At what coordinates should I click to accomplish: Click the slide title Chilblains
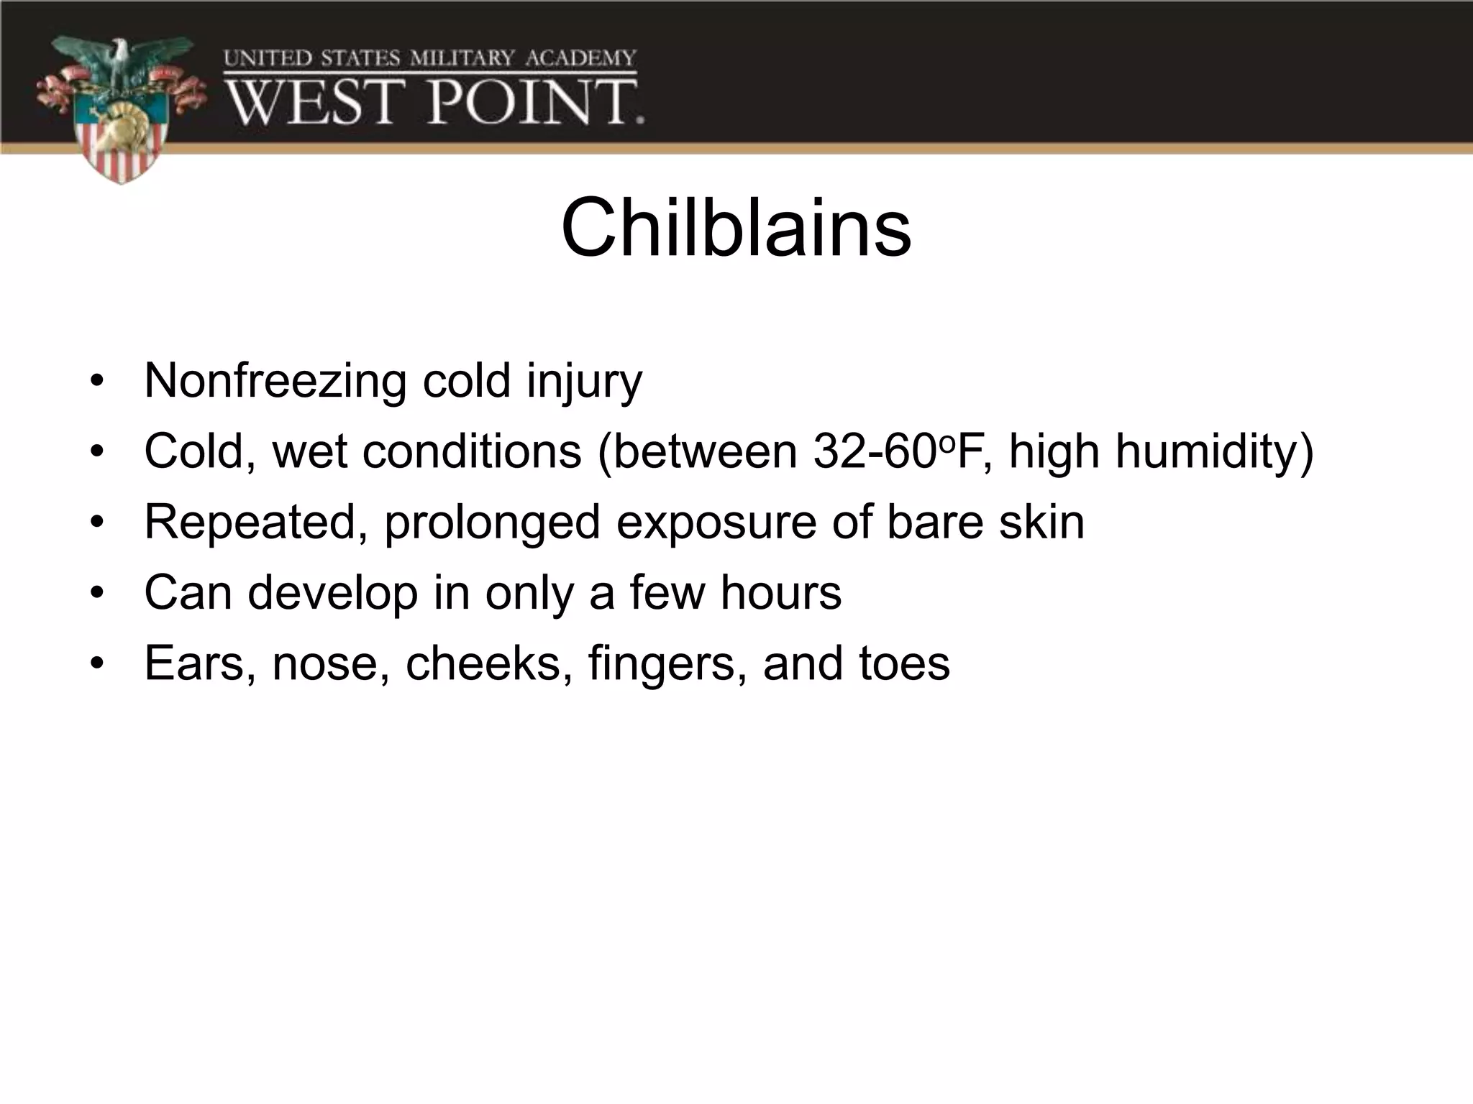(736, 229)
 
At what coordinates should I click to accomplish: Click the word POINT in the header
(534, 102)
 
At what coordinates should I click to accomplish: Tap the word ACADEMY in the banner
(580, 58)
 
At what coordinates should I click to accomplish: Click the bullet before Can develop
(97, 594)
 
